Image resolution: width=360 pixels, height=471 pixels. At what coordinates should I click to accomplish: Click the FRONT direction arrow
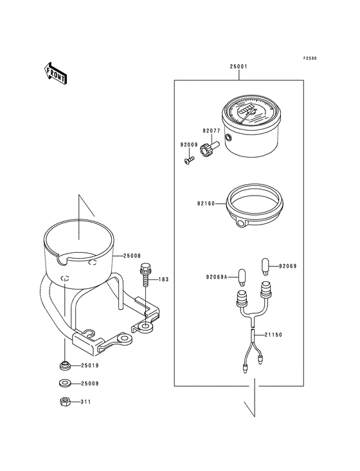(x=55, y=73)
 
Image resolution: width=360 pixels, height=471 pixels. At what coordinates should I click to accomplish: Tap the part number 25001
(x=239, y=67)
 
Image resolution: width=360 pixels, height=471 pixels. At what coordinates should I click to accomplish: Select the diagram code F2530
(x=310, y=59)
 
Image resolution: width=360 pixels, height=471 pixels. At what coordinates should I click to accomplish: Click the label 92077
(x=212, y=131)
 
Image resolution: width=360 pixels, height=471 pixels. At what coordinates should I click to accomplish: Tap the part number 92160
(x=206, y=204)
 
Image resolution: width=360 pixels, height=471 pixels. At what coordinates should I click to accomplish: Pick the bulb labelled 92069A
(x=242, y=276)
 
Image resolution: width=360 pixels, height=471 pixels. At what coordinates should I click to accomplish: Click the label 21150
(x=273, y=335)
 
